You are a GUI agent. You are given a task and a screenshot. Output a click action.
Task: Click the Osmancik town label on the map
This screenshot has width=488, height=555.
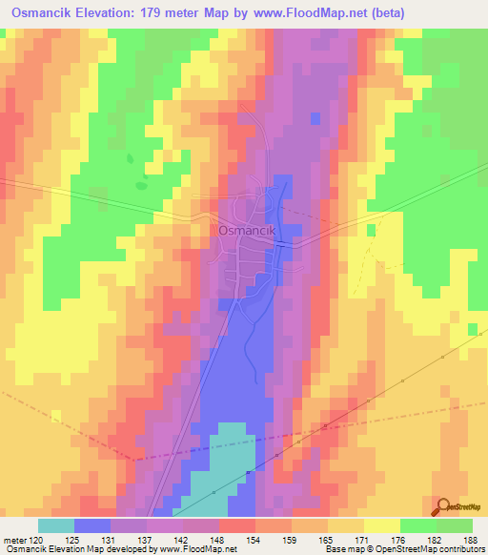[x=247, y=230]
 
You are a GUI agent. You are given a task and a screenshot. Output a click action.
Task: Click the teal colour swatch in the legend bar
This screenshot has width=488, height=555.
[x=56, y=525]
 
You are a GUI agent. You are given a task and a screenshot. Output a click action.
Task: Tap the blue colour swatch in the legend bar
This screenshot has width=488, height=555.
[x=92, y=525]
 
